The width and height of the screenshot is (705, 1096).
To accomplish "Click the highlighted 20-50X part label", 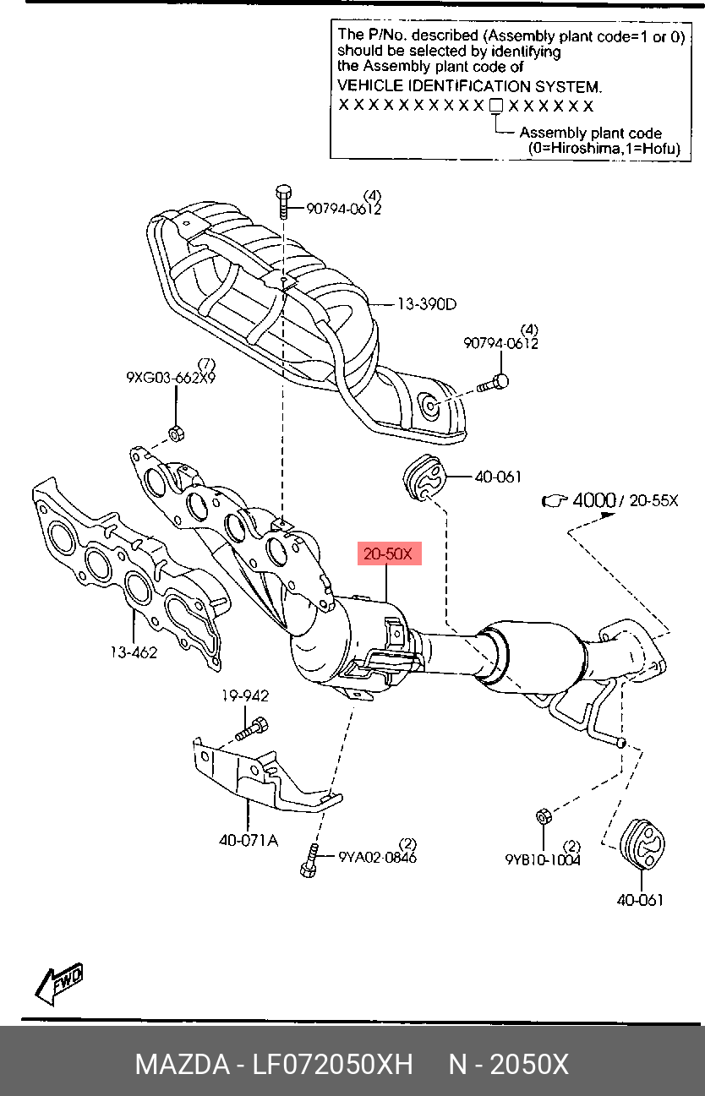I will coord(389,554).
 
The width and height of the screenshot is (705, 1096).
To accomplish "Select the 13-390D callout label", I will coord(427,303).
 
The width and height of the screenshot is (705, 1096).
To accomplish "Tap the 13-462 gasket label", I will coord(133,651).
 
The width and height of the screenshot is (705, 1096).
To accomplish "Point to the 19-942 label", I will coord(245,696).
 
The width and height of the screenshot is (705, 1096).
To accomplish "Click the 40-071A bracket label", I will coord(248,841).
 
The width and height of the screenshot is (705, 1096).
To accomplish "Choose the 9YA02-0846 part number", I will coord(377,858).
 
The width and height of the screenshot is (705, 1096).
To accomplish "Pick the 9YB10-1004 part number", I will coord(543,860).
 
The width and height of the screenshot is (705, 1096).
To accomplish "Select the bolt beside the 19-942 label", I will coord(253,728).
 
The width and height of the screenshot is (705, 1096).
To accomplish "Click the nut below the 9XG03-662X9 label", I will coord(177,433).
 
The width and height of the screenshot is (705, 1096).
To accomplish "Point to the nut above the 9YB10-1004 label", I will coord(544,816).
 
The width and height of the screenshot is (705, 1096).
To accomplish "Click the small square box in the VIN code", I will coord(496,106).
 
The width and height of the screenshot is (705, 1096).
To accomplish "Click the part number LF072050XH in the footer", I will coord(333,1064).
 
